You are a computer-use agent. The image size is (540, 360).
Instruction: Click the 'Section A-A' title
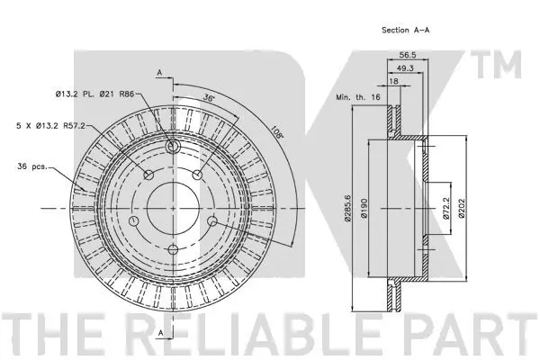click(x=407, y=31)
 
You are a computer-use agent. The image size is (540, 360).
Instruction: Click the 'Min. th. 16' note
click(x=357, y=95)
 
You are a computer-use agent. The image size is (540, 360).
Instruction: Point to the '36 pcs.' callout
click(x=35, y=166)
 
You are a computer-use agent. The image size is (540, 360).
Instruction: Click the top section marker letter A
click(x=159, y=70)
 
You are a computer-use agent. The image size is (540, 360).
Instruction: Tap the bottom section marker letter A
click(x=159, y=333)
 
